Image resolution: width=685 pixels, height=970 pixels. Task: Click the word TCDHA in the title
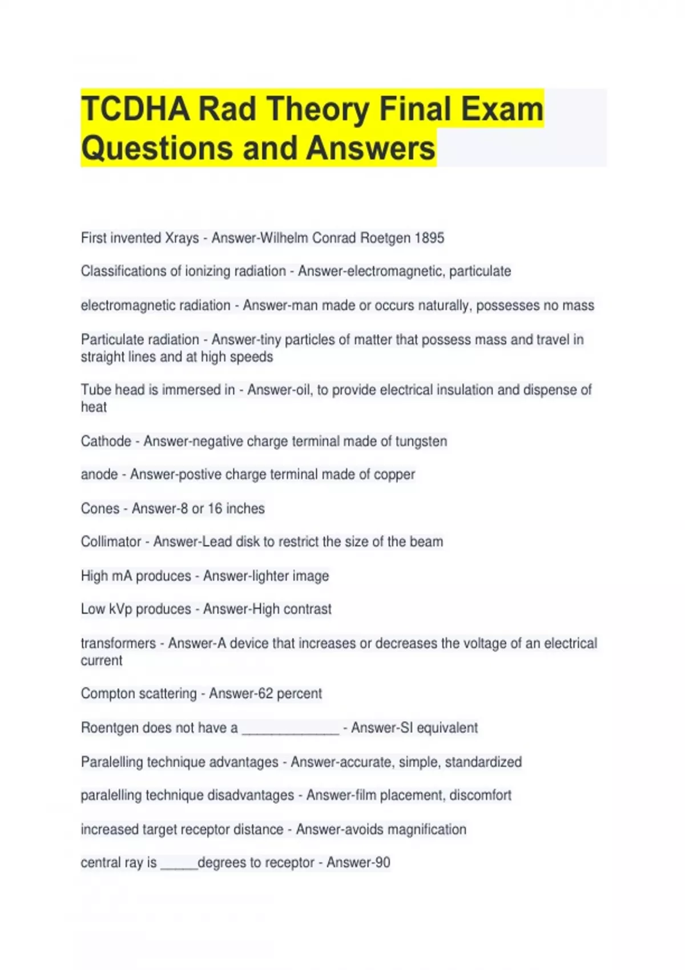pos(136,109)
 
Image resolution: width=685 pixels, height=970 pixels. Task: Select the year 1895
pos(429,238)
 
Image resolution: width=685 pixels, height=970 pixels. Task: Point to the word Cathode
pos(106,441)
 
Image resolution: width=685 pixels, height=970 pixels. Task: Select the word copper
pos(394,475)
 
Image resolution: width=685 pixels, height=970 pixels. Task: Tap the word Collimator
pos(111,541)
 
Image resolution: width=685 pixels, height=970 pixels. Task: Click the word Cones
pos(100,508)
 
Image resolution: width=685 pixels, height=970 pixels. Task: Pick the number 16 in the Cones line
pos(215,508)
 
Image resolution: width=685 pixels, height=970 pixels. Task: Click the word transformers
pos(118,643)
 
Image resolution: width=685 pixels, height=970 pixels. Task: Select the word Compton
pos(108,694)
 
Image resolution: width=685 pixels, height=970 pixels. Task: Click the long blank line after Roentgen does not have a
pos(291,730)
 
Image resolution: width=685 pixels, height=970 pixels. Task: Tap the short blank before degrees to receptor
pos(179,865)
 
